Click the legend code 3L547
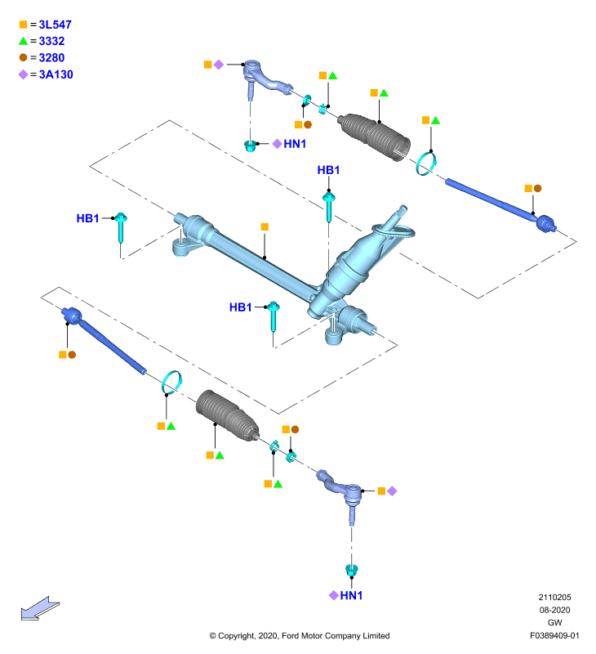click(x=55, y=25)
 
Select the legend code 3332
click(x=51, y=42)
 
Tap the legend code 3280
click(x=51, y=57)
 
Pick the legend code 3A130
click(x=56, y=74)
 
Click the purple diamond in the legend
click(x=24, y=74)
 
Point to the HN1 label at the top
click(x=295, y=144)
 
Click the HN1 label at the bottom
click(x=351, y=595)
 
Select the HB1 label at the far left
click(x=87, y=218)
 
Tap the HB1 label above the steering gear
click(x=328, y=170)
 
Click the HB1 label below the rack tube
click(x=240, y=307)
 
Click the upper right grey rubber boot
click(x=375, y=135)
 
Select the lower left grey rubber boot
click(x=227, y=415)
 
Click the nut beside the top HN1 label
click(x=250, y=146)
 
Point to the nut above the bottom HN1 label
click(x=352, y=570)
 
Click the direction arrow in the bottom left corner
click(x=40, y=608)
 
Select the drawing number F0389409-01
click(x=554, y=636)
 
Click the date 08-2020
click(x=554, y=610)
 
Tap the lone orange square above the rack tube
click(x=265, y=226)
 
